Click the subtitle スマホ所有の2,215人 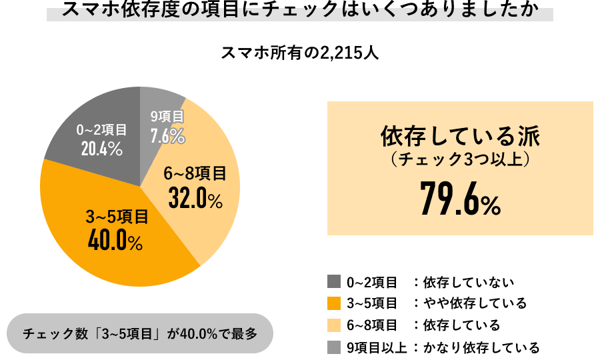click(x=300, y=52)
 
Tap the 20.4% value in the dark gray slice click(x=101, y=149)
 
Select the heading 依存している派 click(x=460, y=137)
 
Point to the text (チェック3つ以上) click(x=460, y=161)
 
